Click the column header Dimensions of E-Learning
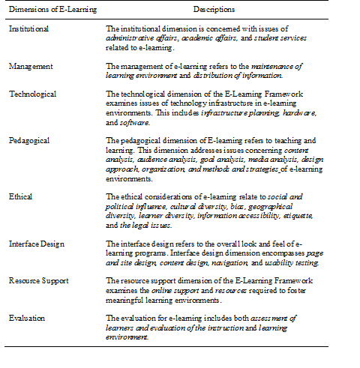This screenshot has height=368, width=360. (x=43, y=9)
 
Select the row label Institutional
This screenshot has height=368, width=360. (x=30, y=28)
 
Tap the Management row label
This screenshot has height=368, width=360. (x=31, y=65)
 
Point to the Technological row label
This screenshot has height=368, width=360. (x=33, y=94)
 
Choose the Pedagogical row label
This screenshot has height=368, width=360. (x=31, y=140)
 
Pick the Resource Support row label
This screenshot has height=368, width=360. (x=39, y=281)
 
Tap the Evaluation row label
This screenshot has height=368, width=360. (x=26, y=318)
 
